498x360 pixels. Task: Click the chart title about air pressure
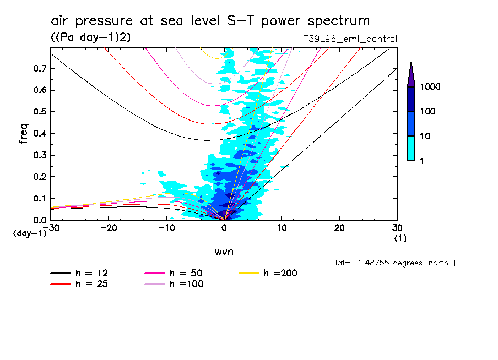pyautogui.click(x=210, y=21)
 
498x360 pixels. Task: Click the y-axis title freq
pyautogui.click(x=23, y=134)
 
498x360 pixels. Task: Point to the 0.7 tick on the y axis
pyautogui.click(x=39, y=68)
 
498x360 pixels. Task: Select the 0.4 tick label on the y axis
pyautogui.click(x=39, y=133)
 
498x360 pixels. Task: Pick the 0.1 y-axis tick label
pyautogui.click(x=39, y=198)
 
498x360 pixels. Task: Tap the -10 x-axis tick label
pyautogui.click(x=166, y=228)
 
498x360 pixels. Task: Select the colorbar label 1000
pyautogui.click(x=430, y=87)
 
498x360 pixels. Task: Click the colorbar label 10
pyautogui.click(x=425, y=136)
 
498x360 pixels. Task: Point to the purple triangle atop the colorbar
pyautogui.click(x=411, y=75)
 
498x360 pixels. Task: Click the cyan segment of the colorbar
pyautogui.click(x=411, y=148)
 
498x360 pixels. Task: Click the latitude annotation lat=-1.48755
pyautogui.click(x=391, y=263)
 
